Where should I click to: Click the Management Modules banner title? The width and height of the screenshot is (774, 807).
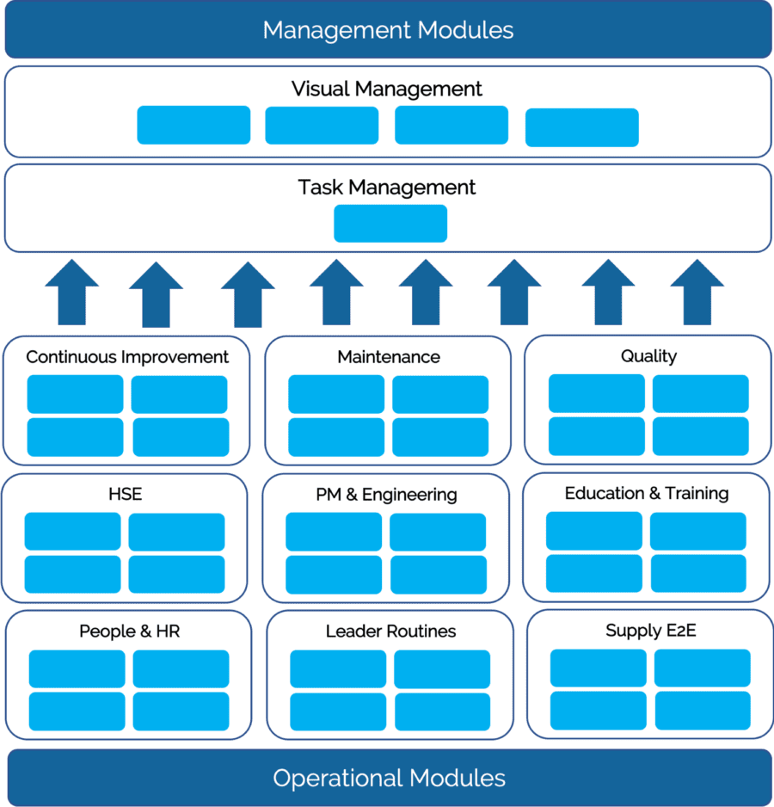pyautogui.click(x=388, y=30)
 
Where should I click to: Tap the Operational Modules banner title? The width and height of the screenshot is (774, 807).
pyautogui.click(x=389, y=779)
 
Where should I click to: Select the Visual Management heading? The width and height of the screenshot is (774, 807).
pyautogui.click(x=386, y=89)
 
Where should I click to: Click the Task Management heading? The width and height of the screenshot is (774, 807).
pyautogui.click(x=386, y=188)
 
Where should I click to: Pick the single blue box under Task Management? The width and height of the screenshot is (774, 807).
pyautogui.click(x=390, y=224)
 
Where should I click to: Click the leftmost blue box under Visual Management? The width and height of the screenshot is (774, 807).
pyautogui.click(x=193, y=125)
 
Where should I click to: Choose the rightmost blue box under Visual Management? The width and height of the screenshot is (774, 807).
pyautogui.click(x=581, y=127)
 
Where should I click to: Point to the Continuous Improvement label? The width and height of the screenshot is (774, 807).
pyautogui.click(x=127, y=357)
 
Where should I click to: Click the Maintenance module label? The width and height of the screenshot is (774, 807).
pyautogui.click(x=389, y=357)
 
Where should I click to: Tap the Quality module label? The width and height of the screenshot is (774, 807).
pyautogui.click(x=648, y=356)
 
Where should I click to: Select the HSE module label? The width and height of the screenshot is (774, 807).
pyautogui.click(x=125, y=494)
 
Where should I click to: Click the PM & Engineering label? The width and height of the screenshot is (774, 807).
pyautogui.click(x=386, y=495)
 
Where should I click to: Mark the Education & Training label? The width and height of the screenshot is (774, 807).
pyautogui.click(x=647, y=493)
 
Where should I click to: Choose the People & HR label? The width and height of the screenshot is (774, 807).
pyautogui.click(x=129, y=631)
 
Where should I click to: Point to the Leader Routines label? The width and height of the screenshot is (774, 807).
pyautogui.click(x=390, y=631)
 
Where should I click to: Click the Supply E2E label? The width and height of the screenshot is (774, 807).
pyautogui.click(x=650, y=631)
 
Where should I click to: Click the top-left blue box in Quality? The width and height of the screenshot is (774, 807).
pyautogui.click(x=596, y=394)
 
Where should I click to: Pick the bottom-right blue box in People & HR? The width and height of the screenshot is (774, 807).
pyautogui.click(x=181, y=712)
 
